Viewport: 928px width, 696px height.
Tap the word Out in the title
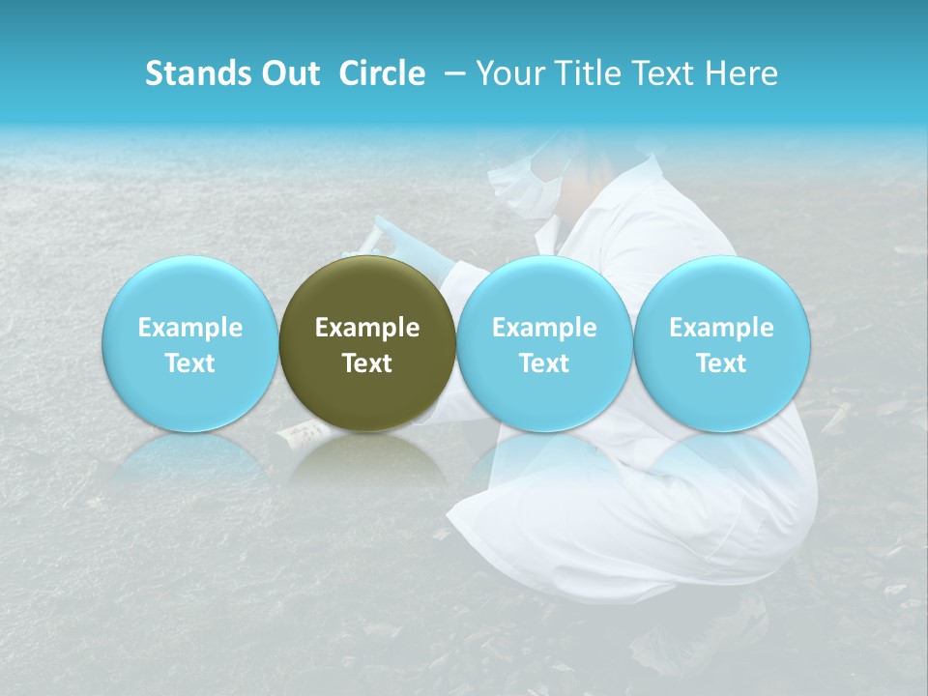(287, 73)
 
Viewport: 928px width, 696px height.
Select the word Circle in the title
(382, 73)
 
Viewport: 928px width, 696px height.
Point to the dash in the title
(451, 73)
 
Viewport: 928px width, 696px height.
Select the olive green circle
(367, 344)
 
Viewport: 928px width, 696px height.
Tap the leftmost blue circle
(189, 344)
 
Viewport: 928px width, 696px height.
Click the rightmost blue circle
(722, 344)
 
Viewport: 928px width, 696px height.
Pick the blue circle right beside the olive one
(544, 344)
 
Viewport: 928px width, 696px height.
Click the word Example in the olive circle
(367, 328)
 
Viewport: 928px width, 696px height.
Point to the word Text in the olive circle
(367, 363)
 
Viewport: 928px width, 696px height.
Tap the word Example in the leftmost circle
(189, 328)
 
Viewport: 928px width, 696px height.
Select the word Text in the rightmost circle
(722, 363)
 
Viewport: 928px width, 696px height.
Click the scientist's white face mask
(527, 188)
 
